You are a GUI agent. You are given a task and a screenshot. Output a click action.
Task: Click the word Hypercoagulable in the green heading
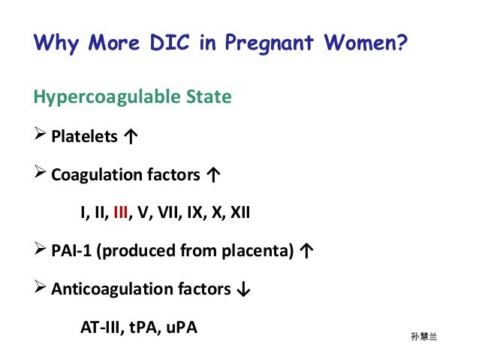coord(101,98)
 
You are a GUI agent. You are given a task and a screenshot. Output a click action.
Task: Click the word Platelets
coord(84,137)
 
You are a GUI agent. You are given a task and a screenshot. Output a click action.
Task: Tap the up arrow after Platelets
coord(130,137)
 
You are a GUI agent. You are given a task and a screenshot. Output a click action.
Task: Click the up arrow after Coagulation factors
coord(213,176)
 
